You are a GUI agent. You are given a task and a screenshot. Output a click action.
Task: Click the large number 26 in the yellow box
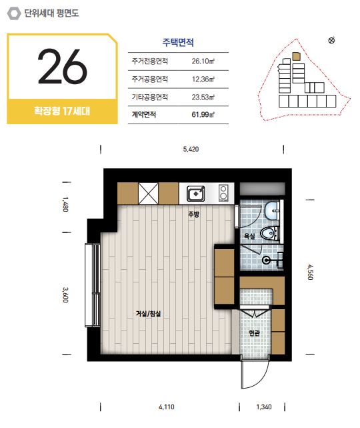point(63,66)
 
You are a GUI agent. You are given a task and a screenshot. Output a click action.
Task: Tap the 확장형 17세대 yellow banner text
point(62,111)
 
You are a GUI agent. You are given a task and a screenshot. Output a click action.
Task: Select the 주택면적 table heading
point(178,42)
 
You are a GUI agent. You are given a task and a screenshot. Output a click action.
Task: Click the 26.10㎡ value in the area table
point(203,61)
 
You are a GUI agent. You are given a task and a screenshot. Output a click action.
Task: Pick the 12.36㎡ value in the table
point(203,79)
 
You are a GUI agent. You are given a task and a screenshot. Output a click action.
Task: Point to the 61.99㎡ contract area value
point(203,115)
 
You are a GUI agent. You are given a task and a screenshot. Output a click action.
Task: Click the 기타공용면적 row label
point(149,97)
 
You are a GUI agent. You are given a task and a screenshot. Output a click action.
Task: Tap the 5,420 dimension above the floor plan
point(191,150)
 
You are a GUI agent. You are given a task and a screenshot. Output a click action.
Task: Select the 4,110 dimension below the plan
point(166,407)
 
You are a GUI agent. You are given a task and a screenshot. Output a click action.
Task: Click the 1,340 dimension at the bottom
point(264,407)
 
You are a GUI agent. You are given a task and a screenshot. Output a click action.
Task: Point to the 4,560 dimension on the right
point(310,272)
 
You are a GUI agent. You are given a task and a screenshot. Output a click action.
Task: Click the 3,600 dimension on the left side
point(65,295)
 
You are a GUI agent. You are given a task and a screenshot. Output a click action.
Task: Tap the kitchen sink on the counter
point(196,194)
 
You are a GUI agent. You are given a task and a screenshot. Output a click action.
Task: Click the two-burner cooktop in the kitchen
point(223,193)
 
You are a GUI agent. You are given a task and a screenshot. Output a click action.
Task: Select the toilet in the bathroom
point(270,234)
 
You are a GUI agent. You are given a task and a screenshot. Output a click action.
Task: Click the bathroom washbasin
point(272,211)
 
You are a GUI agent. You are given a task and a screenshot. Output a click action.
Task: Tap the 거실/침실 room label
point(148,314)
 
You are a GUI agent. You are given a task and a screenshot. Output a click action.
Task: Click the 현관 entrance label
point(254,333)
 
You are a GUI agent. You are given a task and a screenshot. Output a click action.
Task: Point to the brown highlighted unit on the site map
point(296,56)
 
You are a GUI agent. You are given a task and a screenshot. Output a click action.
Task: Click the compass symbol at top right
point(331,41)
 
